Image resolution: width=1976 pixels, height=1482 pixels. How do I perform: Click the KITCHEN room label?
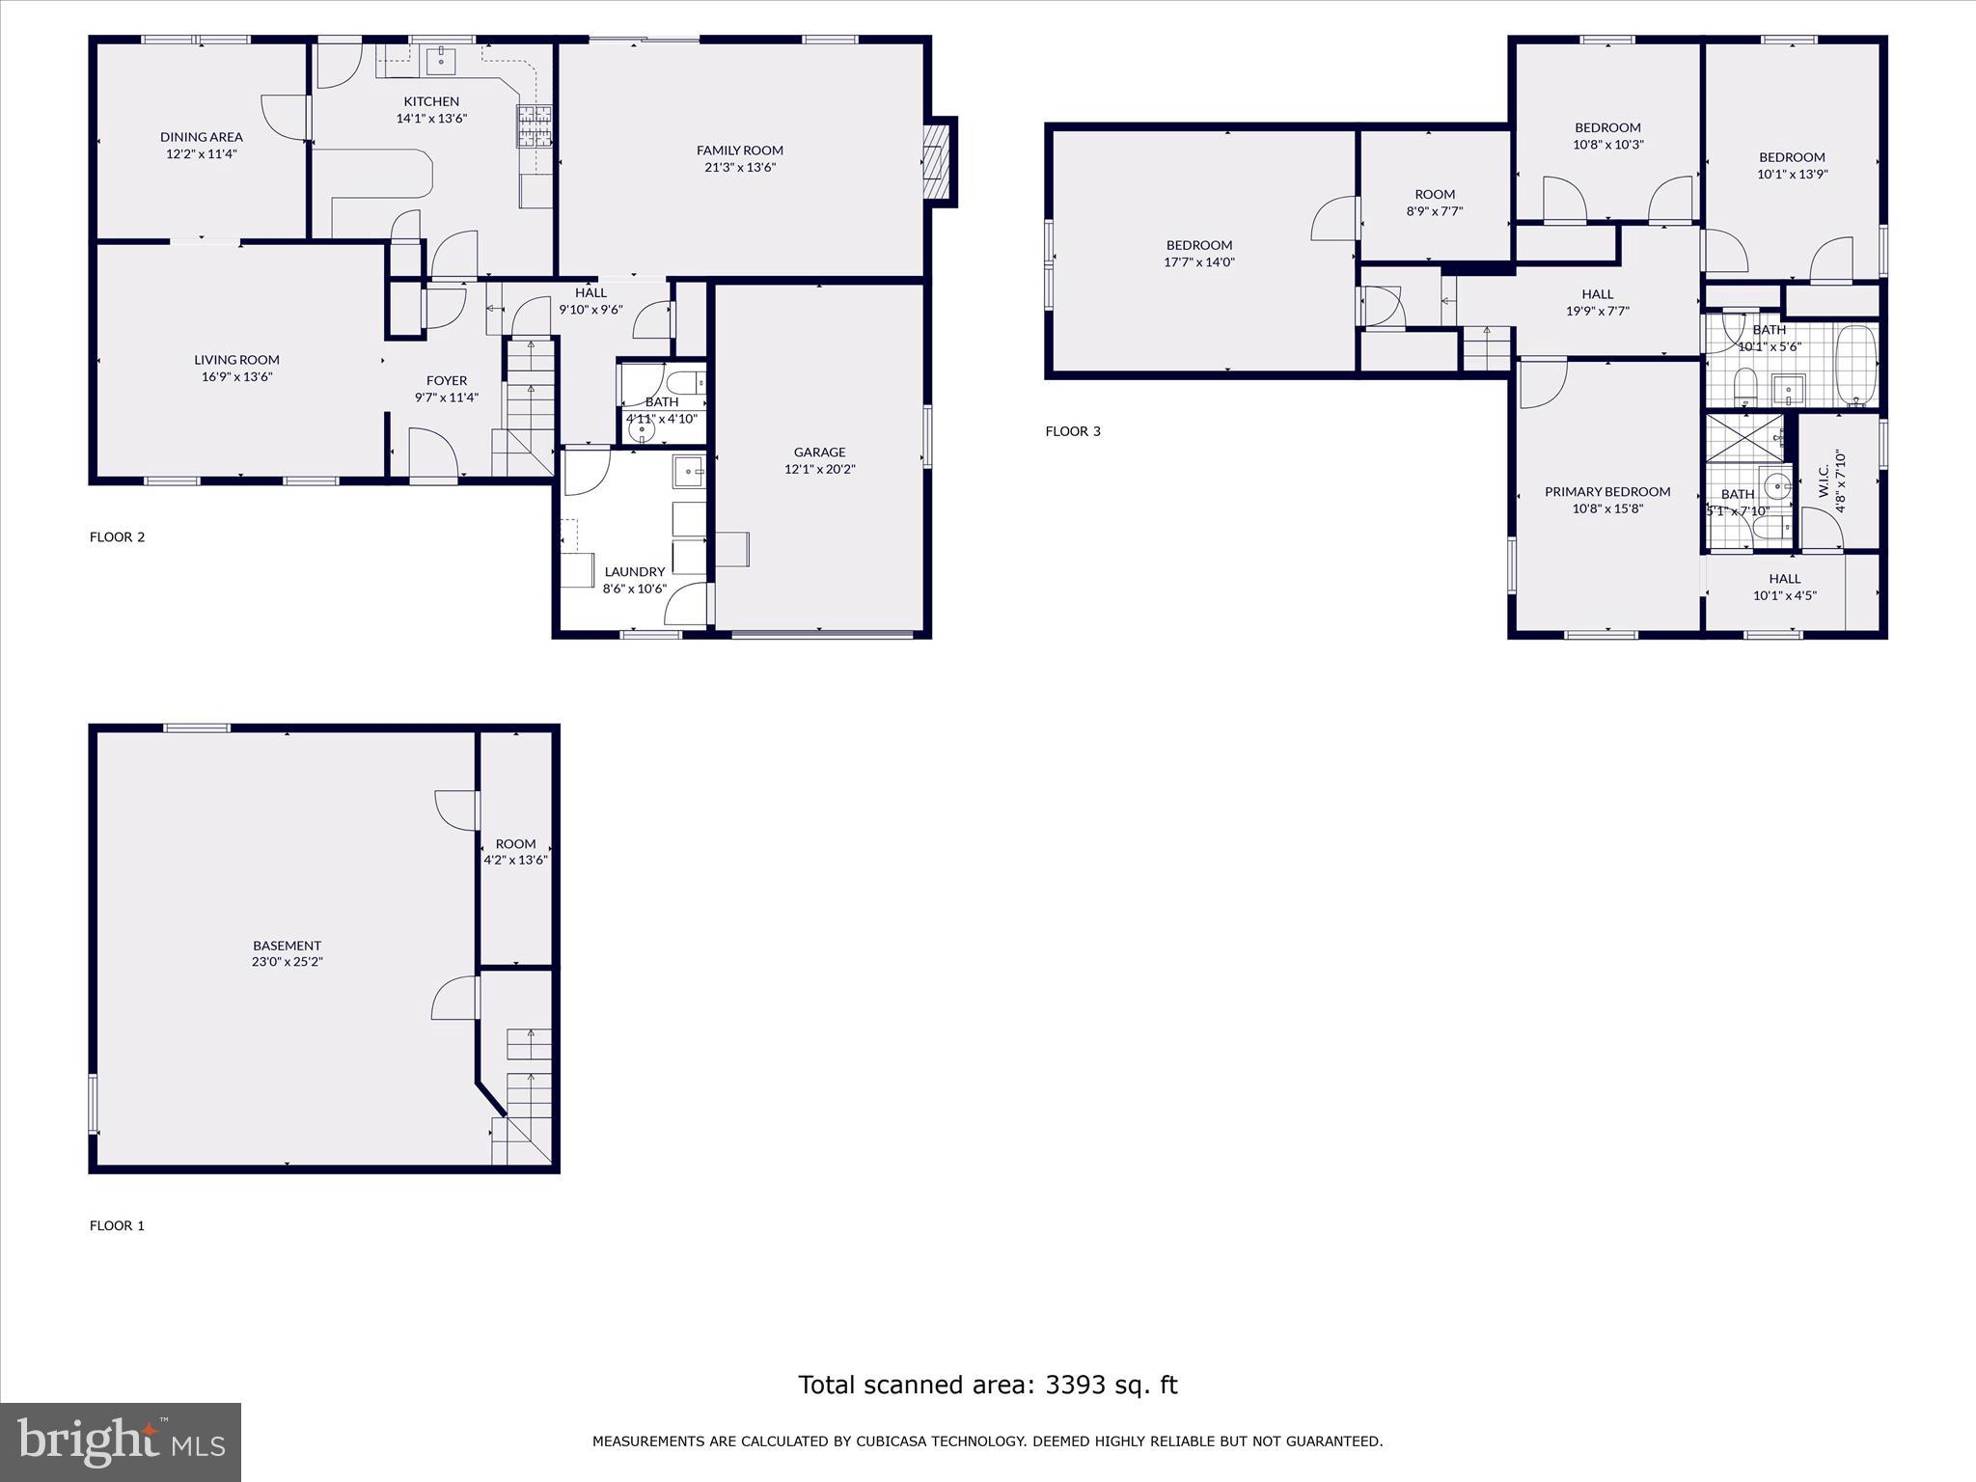coord(431,101)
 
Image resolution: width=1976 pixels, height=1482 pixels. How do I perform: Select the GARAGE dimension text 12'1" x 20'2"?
coord(819,469)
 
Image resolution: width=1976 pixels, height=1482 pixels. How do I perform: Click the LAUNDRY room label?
coord(634,571)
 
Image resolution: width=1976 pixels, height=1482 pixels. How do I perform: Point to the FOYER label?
coord(446,380)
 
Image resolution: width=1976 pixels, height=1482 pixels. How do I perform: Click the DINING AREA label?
coord(201,137)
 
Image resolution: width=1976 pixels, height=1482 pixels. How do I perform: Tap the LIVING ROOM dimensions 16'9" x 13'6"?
coord(236,377)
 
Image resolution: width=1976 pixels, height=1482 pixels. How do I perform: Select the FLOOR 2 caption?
coord(117,537)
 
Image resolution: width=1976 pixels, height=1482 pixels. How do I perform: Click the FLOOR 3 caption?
coord(1072,431)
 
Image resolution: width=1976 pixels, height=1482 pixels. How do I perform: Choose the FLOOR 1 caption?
coord(117,1225)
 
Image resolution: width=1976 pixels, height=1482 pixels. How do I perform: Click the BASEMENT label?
coord(287,946)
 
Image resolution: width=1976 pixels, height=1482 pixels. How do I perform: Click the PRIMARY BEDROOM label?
coord(1606,491)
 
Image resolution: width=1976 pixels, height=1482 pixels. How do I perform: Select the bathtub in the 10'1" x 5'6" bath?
coord(1854,365)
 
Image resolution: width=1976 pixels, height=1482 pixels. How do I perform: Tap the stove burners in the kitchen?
coord(535,126)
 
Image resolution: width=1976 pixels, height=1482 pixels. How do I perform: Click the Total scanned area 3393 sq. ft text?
coord(987,1385)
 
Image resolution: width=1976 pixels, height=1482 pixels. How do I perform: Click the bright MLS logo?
coord(121,1441)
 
